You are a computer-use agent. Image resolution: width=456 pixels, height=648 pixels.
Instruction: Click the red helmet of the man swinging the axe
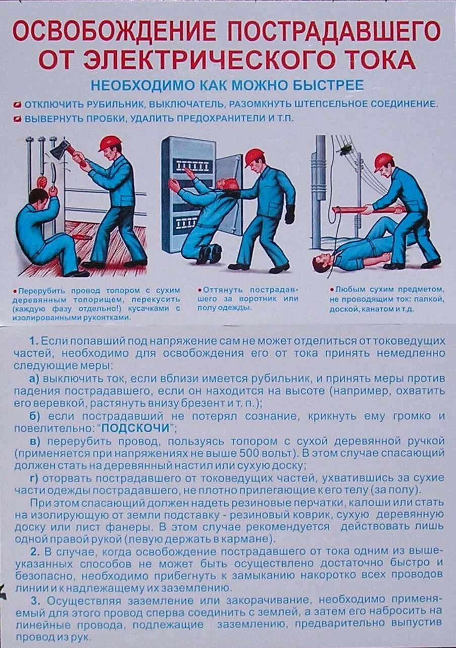coord(110,143)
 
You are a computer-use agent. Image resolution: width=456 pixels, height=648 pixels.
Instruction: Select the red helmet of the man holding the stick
coord(383,161)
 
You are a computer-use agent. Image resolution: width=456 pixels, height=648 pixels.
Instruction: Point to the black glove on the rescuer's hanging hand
coord(289,214)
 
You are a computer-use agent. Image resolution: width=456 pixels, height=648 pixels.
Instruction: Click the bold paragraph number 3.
coord(34,601)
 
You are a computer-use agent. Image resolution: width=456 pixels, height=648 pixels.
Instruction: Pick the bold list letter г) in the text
coord(35,477)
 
